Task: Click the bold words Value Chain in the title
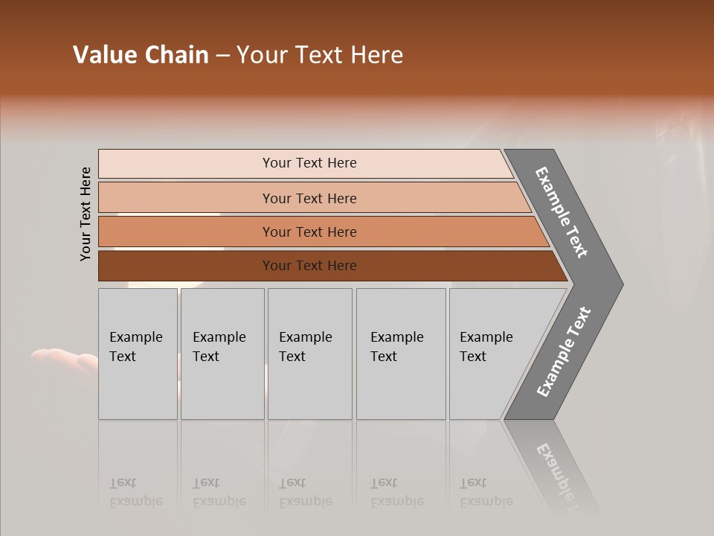tap(141, 55)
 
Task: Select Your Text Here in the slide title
tap(320, 55)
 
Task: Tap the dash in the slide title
tap(222, 56)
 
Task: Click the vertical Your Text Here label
tap(86, 214)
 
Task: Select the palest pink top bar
tap(309, 163)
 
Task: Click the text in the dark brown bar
tap(309, 266)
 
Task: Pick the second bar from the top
tap(309, 198)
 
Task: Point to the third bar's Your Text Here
tap(309, 232)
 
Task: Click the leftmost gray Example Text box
tap(138, 354)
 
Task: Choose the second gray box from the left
tap(222, 354)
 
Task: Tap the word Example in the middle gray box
tap(305, 337)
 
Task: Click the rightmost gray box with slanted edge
tap(491, 354)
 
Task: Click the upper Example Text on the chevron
tap(562, 212)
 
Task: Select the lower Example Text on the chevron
tap(563, 352)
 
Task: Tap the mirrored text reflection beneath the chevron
tap(562, 476)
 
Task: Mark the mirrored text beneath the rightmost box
tap(486, 492)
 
